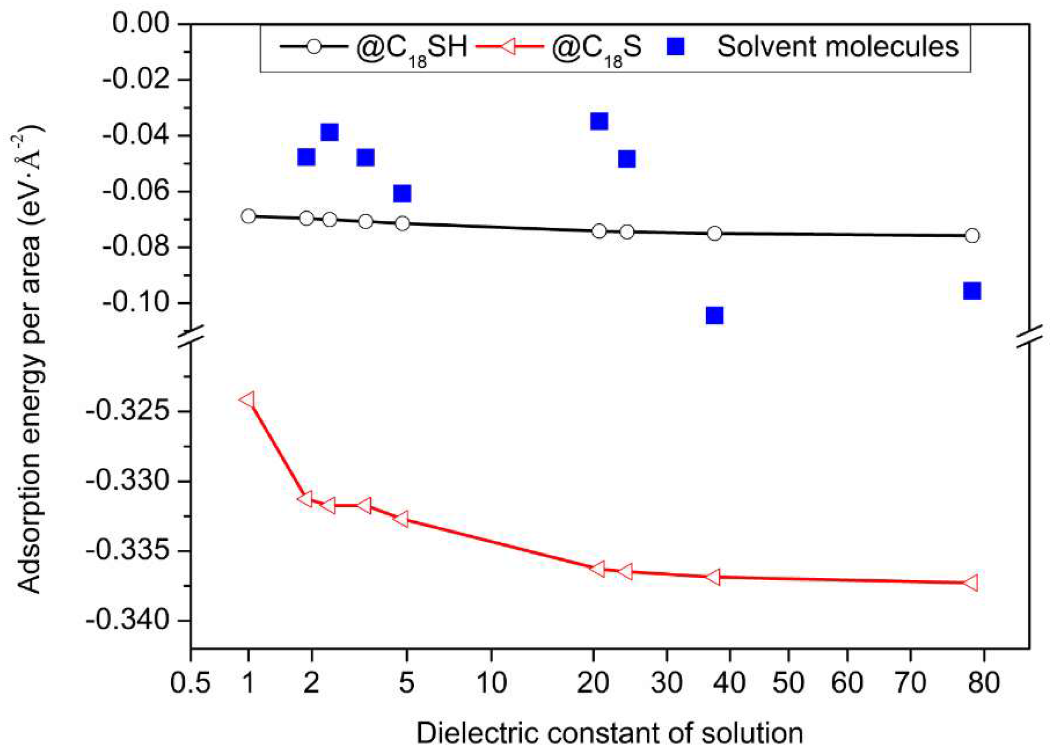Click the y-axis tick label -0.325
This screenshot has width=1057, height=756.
[128, 411]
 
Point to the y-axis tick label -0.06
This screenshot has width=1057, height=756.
[136, 191]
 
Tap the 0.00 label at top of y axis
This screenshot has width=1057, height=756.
[141, 23]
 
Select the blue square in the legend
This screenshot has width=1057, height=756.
[676, 47]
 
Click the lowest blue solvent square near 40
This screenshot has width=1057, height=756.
[714, 316]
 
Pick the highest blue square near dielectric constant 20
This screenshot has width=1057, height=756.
[599, 122]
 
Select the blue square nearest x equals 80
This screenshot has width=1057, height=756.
[972, 291]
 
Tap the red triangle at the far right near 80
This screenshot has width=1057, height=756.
[971, 583]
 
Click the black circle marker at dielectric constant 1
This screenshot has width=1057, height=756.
[248, 216]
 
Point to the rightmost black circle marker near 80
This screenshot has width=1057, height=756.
[972, 236]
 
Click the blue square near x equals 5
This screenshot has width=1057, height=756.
[402, 193]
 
